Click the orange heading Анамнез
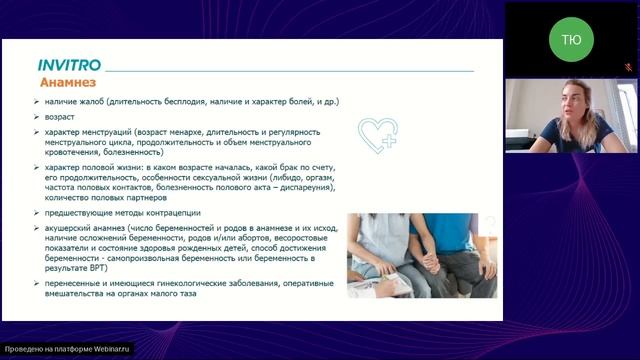point(67,83)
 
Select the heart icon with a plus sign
point(378,132)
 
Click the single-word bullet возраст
point(60,116)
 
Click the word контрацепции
point(169,213)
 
